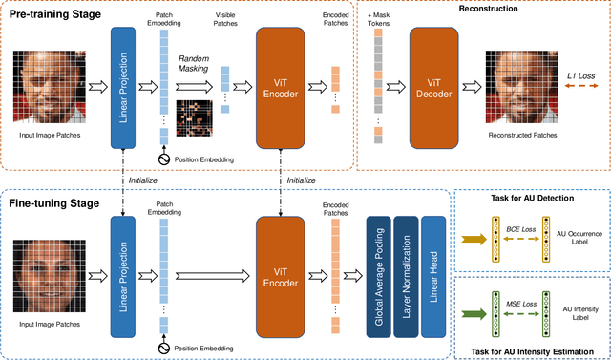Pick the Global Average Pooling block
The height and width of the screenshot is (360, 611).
(379, 270)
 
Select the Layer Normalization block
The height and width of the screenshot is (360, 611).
(408, 270)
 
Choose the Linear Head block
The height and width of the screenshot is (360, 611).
(434, 270)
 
